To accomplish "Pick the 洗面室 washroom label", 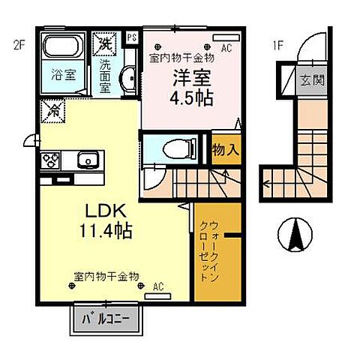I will (x=105, y=76).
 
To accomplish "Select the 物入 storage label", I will (x=226, y=148).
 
